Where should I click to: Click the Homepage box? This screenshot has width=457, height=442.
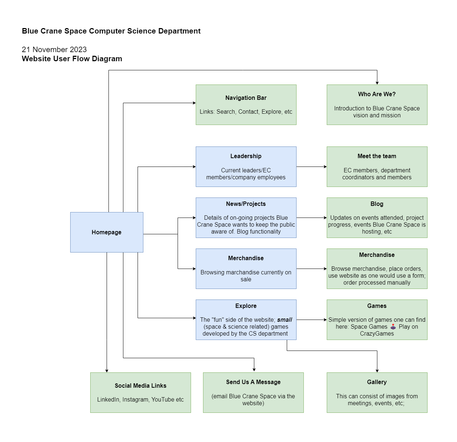pyautogui.click(x=106, y=232)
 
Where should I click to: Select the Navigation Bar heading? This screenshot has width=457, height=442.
pyautogui.click(x=246, y=98)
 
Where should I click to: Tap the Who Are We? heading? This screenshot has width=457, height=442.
pyautogui.click(x=377, y=94)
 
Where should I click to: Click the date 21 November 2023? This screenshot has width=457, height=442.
pyautogui.click(x=54, y=50)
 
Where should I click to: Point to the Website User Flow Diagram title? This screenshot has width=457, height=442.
pyautogui.click(x=72, y=59)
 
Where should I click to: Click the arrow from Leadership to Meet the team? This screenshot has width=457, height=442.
pyautogui.click(x=311, y=167)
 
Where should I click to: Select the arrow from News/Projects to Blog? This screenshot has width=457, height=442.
pyautogui.click(x=311, y=218)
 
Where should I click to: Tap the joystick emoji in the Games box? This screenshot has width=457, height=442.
pyautogui.click(x=393, y=326)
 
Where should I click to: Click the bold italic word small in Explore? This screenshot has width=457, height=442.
pyautogui.click(x=285, y=320)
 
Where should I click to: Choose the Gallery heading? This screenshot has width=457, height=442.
pyautogui.click(x=377, y=382)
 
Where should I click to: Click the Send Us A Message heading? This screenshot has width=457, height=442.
pyautogui.click(x=253, y=382)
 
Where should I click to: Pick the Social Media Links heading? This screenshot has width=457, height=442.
pyautogui.click(x=140, y=386)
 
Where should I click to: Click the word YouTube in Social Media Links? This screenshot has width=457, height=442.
pyautogui.click(x=163, y=399)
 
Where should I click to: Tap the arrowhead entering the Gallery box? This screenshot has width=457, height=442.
pyautogui.click(x=377, y=370)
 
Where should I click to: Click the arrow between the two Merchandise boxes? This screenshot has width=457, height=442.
pyautogui.click(x=311, y=269)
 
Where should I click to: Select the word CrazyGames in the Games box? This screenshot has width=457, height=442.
pyautogui.click(x=377, y=333)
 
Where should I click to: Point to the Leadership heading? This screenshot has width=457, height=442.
pyautogui.click(x=246, y=156)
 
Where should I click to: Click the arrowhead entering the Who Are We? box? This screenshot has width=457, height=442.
pyautogui.click(x=377, y=83)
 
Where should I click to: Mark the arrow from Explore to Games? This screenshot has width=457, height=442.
pyautogui.click(x=311, y=320)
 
